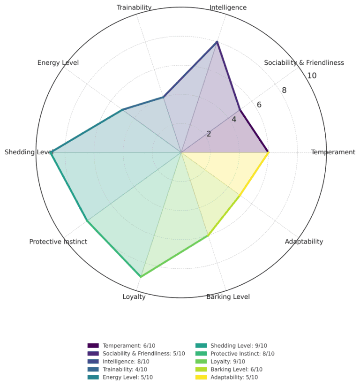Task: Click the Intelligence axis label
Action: pyautogui.click(x=228, y=8)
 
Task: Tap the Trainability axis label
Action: pyautogui.click(x=134, y=8)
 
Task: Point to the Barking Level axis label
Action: pyautogui.click(x=228, y=297)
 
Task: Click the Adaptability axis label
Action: pyautogui.click(x=304, y=242)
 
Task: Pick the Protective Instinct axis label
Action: pyautogui.click(x=58, y=242)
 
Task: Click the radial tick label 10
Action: pyautogui.click(x=311, y=76)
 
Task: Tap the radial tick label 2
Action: pyautogui.click(x=209, y=134)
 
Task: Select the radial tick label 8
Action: pyautogui.click(x=284, y=91)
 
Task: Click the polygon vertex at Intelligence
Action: pyautogui.click(x=217, y=42)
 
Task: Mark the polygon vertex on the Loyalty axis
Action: pyautogui.click(x=141, y=277)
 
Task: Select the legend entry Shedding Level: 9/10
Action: pyautogui.click(x=239, y=346)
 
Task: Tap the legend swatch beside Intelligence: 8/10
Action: pyautogui.click(x=93, y=362)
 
